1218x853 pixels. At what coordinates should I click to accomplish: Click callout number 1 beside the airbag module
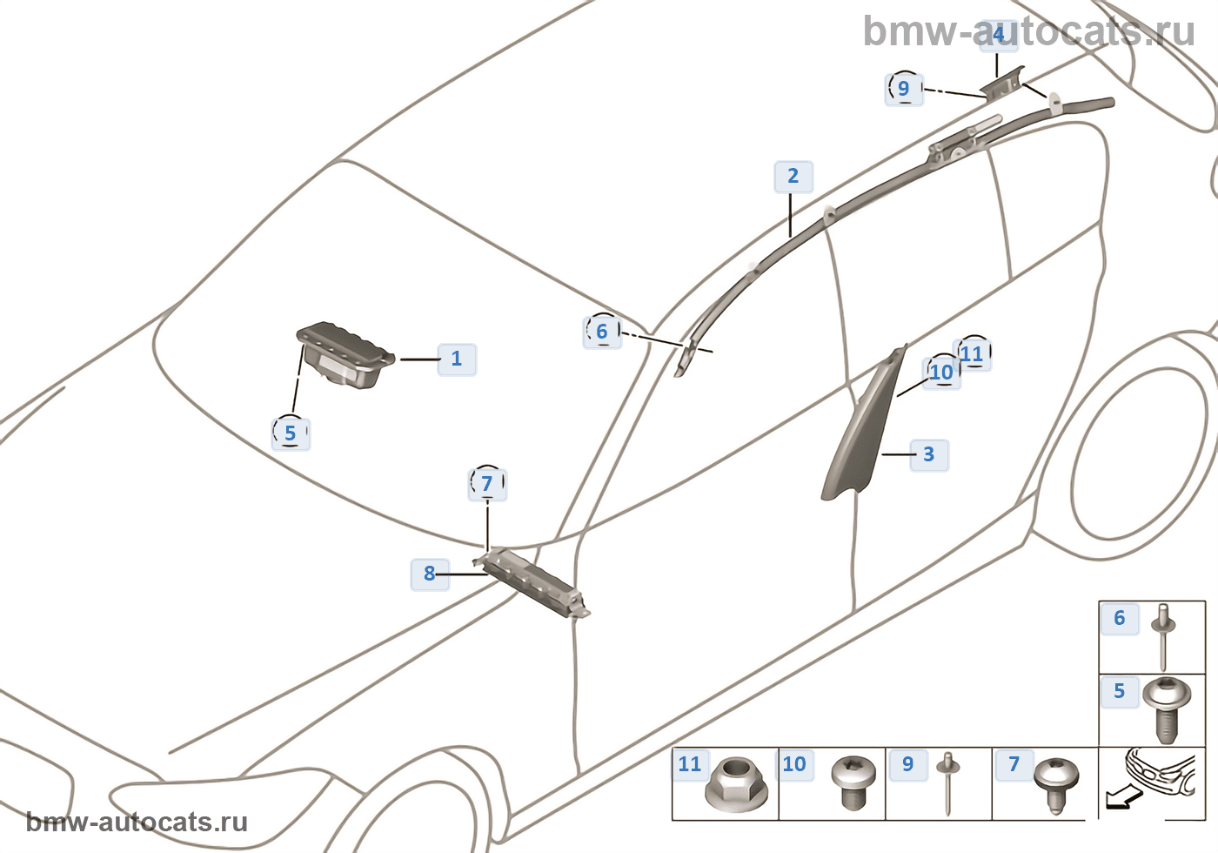(457, 359)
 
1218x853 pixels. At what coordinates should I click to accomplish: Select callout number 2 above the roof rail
(793, 176)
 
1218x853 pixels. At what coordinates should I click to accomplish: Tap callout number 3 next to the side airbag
(929, 454)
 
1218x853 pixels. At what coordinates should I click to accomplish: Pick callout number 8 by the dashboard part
(430, 574)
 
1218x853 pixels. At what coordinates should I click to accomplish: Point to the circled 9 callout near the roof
(904, 89)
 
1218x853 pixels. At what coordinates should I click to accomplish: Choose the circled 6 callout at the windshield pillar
(602, 332)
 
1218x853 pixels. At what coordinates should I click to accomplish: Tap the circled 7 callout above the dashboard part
(487, 484)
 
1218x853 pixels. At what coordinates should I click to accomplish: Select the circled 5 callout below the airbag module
(291, 433)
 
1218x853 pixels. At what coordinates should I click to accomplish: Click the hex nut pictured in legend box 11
(736, 784)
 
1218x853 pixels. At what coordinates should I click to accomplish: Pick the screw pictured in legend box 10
(854, 782)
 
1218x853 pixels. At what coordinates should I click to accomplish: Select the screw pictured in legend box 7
(1056, 786)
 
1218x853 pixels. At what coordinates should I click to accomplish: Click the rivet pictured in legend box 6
(1163, 645)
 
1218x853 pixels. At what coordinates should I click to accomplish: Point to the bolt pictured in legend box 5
(1167, 710)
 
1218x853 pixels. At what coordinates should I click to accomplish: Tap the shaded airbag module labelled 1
(346, 355)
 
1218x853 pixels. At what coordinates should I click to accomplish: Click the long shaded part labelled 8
(532, 583)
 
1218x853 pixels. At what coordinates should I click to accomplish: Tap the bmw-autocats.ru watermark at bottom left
(137, 822)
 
